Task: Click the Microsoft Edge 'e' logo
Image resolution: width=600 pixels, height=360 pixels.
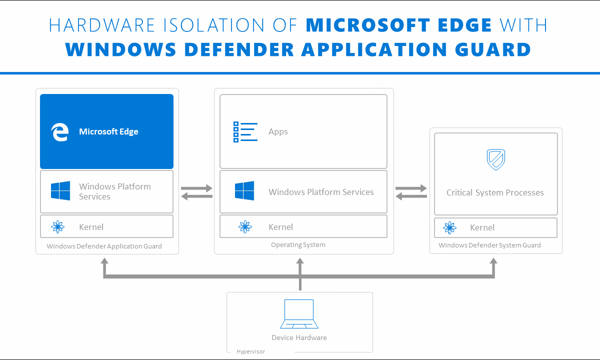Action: (x=59, y=132)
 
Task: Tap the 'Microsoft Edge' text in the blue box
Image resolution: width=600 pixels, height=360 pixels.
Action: (x=108, y=132)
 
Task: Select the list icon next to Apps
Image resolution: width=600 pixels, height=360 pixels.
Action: (x=245, y=132)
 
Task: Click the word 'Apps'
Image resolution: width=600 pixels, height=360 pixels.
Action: (x=278, y=132)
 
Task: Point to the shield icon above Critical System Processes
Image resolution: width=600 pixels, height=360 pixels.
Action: (x=495, y=159)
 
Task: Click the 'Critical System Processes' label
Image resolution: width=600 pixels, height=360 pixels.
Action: (x=495, y=192)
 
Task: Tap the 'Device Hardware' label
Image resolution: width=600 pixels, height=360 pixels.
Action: (x=299, y=337)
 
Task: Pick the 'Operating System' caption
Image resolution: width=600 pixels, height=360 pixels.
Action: (x=298, y=245)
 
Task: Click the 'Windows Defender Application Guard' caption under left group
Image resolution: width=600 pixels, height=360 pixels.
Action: (x=104, y=246)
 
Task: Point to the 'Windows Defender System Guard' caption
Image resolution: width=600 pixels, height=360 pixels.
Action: (x=489, y=245)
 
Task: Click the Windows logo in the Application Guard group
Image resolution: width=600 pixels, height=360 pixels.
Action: (x=60, y=191)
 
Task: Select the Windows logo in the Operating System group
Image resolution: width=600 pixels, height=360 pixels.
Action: (x=244, y=191)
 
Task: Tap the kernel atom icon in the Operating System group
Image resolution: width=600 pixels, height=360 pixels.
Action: (x=245, y=227)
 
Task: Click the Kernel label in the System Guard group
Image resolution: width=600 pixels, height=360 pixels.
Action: (x=482, y=227)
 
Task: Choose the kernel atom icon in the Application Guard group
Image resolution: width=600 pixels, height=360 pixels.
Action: (x=58, y=227)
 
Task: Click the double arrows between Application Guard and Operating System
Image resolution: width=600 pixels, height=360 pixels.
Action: (x=196, y=192)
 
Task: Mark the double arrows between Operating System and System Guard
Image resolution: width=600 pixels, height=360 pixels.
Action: (x=411, y=192)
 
